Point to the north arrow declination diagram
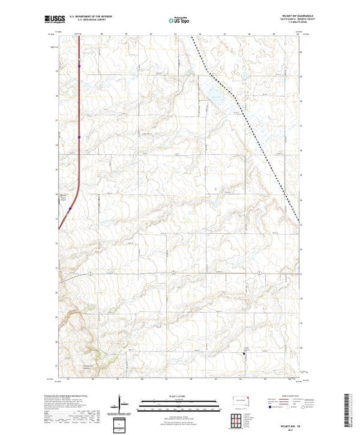(120, 402)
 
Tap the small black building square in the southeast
(243, 355)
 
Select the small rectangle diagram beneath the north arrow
(120, 423)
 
